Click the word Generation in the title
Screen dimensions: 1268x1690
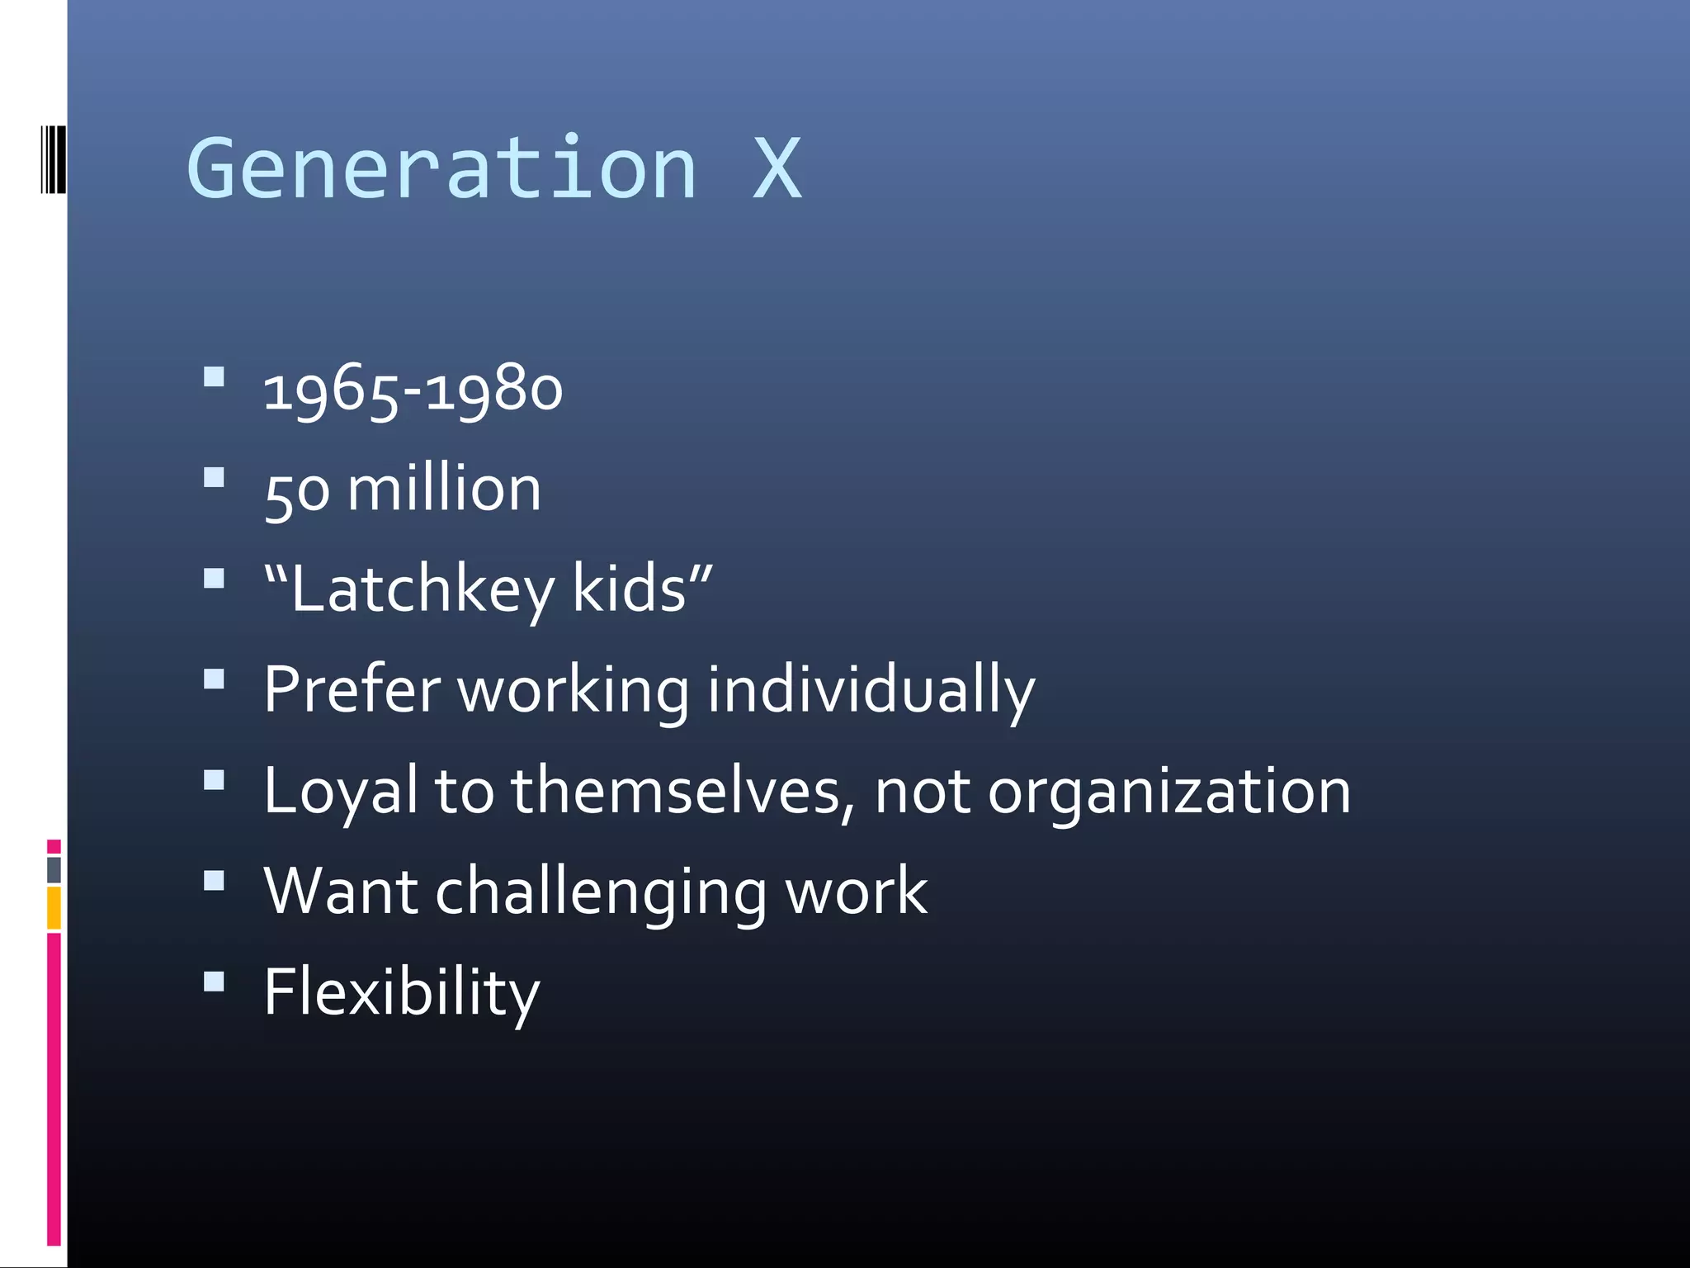coord(442,169)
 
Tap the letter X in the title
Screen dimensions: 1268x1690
coord(777,169)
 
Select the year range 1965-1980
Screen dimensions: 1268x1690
coord(413,389)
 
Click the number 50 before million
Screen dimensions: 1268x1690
coord(297,492)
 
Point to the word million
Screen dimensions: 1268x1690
coord(444,489)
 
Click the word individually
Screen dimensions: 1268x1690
coord(871,692)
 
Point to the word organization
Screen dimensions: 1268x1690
coord(1169,792)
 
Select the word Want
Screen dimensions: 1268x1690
coord(341,892)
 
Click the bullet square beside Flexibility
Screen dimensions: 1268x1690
coord(214,981)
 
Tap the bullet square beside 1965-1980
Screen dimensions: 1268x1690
coord(214,377)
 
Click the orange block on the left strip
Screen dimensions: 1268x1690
coord(54,907)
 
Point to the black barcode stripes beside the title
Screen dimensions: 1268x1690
coord(53,159)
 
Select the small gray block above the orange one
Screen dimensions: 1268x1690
coord(54,869)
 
